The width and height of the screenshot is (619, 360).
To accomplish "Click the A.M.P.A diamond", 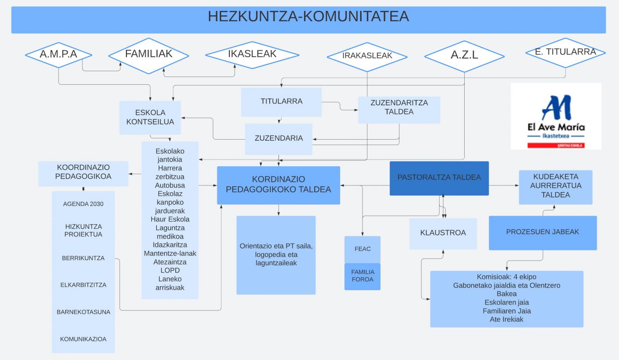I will [x=58, y=55].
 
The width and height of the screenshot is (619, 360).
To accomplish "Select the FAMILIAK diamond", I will [x=149, y=55].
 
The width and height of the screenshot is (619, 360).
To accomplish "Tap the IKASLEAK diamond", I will [x=252, y=55].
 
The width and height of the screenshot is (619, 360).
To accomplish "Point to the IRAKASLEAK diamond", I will [x=367, y=56].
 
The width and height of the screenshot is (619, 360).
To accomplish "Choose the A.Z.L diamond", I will [x=464, y=56].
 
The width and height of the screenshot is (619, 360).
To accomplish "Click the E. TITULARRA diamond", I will [x=565, y=52].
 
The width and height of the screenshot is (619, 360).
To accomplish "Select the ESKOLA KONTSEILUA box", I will [x=150, y=117].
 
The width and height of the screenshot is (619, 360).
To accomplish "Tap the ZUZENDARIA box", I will [x=279, y=138].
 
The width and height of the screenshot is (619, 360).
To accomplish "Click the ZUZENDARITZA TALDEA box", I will [x=399, y=109].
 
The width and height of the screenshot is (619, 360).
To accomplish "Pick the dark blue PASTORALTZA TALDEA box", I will [x=439, y=178].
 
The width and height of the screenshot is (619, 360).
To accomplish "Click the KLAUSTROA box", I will [x=443, y=233].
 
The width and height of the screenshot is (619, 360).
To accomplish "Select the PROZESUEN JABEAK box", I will [x=542, y=232].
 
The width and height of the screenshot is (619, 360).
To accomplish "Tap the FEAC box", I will [x=363, y=249].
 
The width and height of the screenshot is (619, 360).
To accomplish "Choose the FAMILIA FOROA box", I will [x=363, y=276].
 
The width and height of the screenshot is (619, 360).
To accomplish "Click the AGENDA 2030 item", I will [x=83, y=204].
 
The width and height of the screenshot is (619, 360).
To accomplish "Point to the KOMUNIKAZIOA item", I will [x=83, y=339].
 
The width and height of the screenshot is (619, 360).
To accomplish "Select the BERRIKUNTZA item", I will [x=83, y=258].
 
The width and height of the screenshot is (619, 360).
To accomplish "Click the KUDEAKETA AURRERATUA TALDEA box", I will [x=556, y=186].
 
